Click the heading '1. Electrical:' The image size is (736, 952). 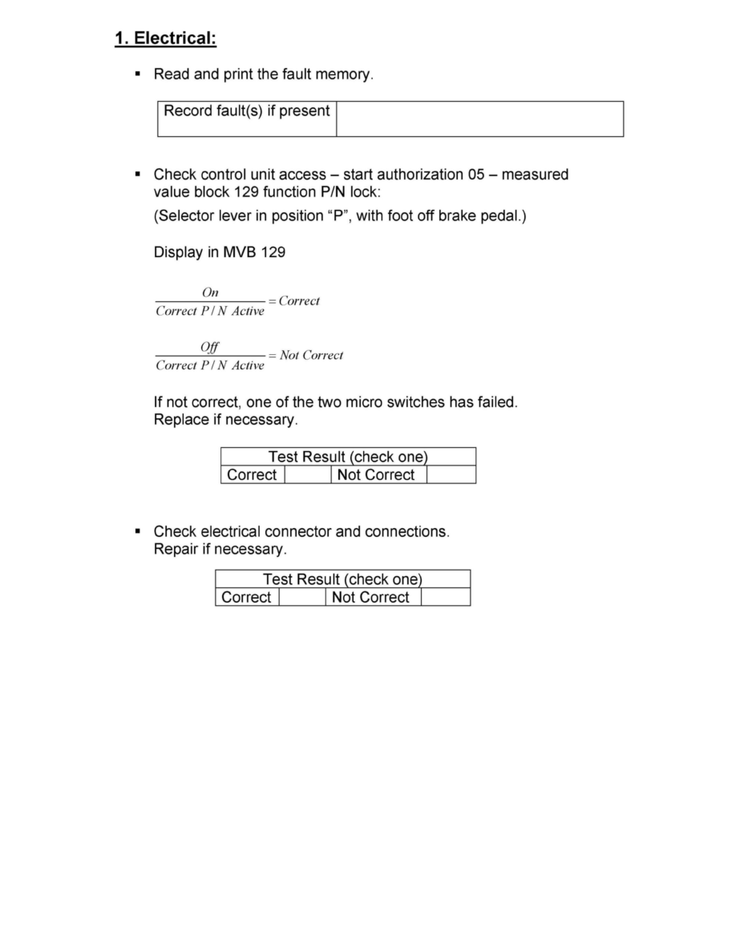pyautogui.click(x=166, y=38)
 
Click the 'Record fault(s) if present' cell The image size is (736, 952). pyautogui.click(x=247, y=111)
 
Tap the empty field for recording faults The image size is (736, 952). pyautogui.click(x=479, y=119)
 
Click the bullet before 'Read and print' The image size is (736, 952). pyautogui.click(x=138, y=74)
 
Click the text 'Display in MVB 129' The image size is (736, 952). pyautogui.click(x=219, y=252)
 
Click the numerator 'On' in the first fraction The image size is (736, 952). pyautogui.click(x=210, y=293)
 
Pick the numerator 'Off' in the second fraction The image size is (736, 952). pyautogui.click(x=210, y=347)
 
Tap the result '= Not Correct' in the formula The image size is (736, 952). pyautogui.click(x=306, y=356)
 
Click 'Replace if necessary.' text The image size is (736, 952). pyautogui.click(x=225, y=419)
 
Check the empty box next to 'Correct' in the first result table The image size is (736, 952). pyautogui.click(x=308, y=475)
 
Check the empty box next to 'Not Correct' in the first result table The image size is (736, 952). pyautogui.click(x=451, y=475)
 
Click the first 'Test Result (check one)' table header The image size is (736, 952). pyautogui.click(x=348, y=457)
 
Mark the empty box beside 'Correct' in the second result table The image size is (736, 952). pyautogui.click(x=302, y=598)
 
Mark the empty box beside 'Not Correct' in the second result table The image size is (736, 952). pyautogui.click(x=445, y=598)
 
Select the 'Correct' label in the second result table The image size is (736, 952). pyautogui.click(x=246, y=598)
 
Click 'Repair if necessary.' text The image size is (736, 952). pyautogui.click(x=220, y=550)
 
